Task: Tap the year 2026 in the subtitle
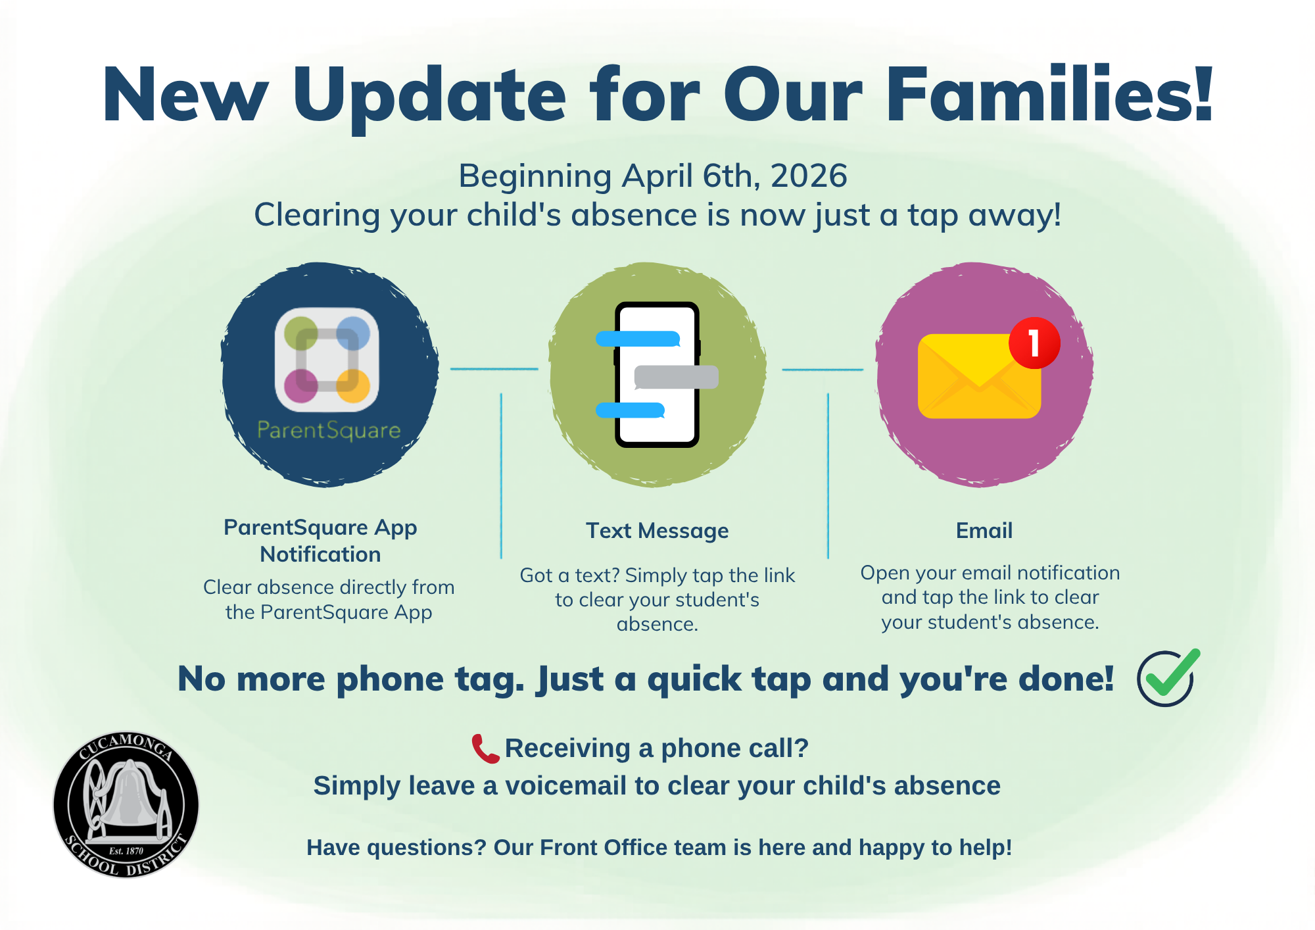click(x=809, y=176)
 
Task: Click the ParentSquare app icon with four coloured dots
click(x=327, y=360)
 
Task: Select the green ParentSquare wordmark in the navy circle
click(x=329, y=430)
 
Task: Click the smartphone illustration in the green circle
click(x=657, y=375)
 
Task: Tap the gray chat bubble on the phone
click(x=676, y=377)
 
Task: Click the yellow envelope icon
click(x=979, y=376)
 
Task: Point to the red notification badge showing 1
click(x=1034, y=343)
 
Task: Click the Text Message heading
click(x=657, y=531)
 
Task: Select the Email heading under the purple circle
click(x=984, y=531)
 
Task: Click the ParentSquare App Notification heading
click(x=320, y=541)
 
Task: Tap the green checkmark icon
click(x=1168, y=677)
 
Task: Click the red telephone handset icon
click(x=486, y=748)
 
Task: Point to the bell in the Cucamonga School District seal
click(x=129, y=795)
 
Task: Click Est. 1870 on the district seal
click(x=126, y=851)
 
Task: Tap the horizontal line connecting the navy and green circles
click(x=494, y=369)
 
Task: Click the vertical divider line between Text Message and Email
click(x=828, y=476)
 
